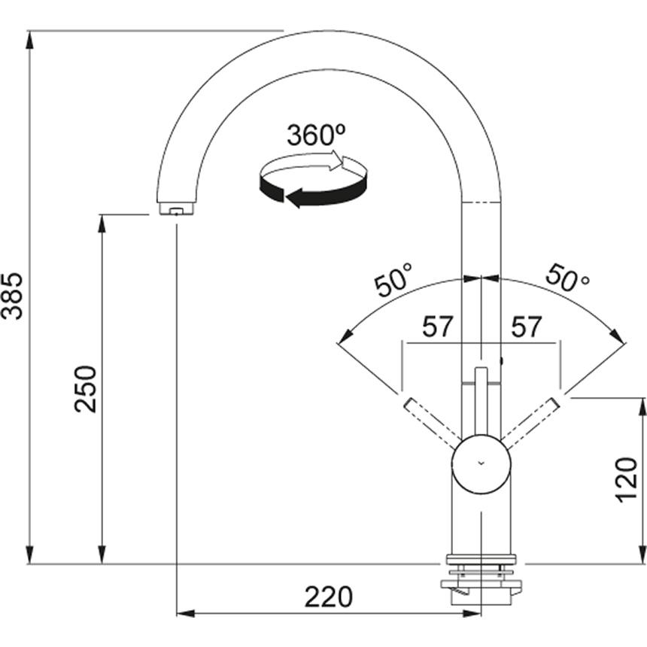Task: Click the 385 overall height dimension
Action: pos(12,296)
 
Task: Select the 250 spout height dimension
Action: pos(86,389)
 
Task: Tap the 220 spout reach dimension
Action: pos(329,597)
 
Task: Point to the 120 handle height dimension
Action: pos(626,480)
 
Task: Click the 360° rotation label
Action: pos(316,135)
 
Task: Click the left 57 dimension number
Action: pos(437,327)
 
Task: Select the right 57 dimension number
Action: pos(526,327)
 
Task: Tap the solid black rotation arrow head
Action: pos(294,198)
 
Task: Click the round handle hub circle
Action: pos(481,463)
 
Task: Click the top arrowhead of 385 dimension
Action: pos(29,41)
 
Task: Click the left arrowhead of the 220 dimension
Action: pos(186,614)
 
